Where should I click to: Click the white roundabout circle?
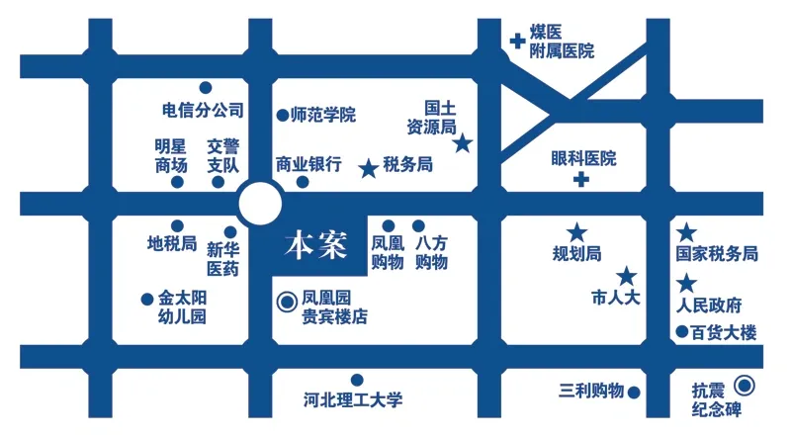[x=260, y=204]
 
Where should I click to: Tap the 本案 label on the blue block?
[x=316, y=246]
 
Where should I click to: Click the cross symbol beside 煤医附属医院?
[x=517, y=41]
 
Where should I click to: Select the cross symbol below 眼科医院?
[x=581, y=179]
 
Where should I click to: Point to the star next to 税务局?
[x=369, y=168]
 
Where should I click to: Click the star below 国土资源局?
[x=462, y=143]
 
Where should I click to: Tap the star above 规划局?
[x=577, y=232]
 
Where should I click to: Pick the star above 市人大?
[x=627, y=276]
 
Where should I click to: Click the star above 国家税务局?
[x=686, y=232]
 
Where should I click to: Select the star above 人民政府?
[x=686, y=283]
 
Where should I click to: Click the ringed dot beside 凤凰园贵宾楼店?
[x=288, y=302]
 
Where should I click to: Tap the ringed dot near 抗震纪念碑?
[x=745, y=386]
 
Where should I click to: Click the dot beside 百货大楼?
[x=682, y=332]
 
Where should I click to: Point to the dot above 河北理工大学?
[x=357, y=380]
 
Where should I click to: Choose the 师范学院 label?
[x=323, y=115]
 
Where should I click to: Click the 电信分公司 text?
[x=204, y=110]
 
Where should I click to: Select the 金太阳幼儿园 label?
[x=182, y=307]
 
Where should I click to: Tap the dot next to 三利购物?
[x=634, y=393]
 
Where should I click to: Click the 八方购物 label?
[x=431, y=252]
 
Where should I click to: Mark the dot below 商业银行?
[x=303, y=182]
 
